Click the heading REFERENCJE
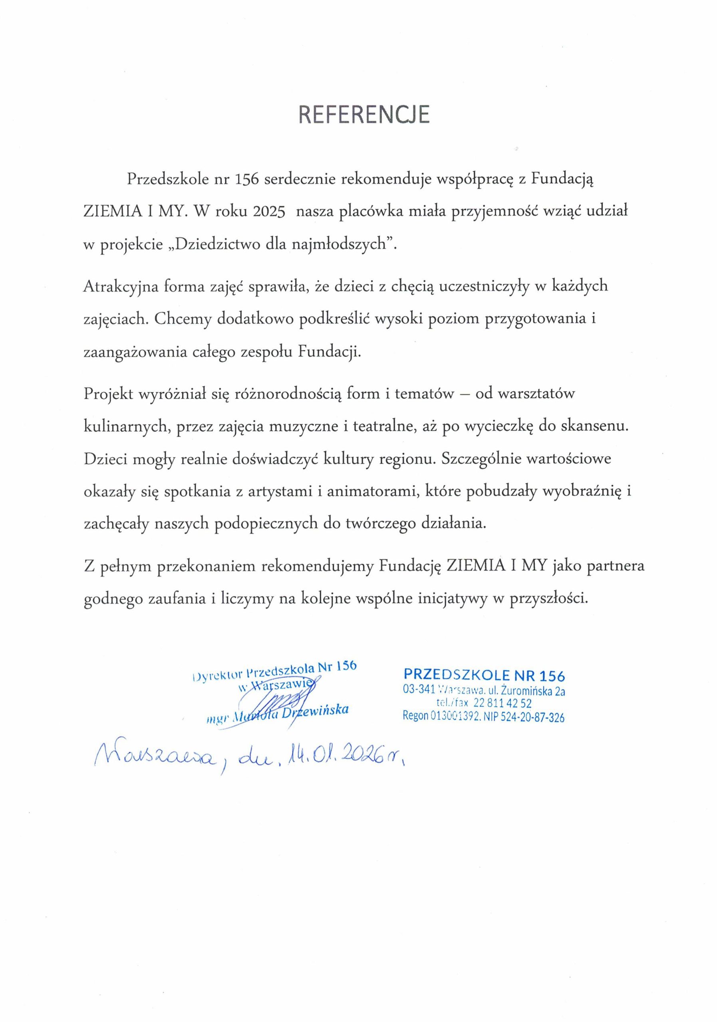[363, 115]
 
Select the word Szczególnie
[480, 459]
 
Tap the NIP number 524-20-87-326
[532, 717]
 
